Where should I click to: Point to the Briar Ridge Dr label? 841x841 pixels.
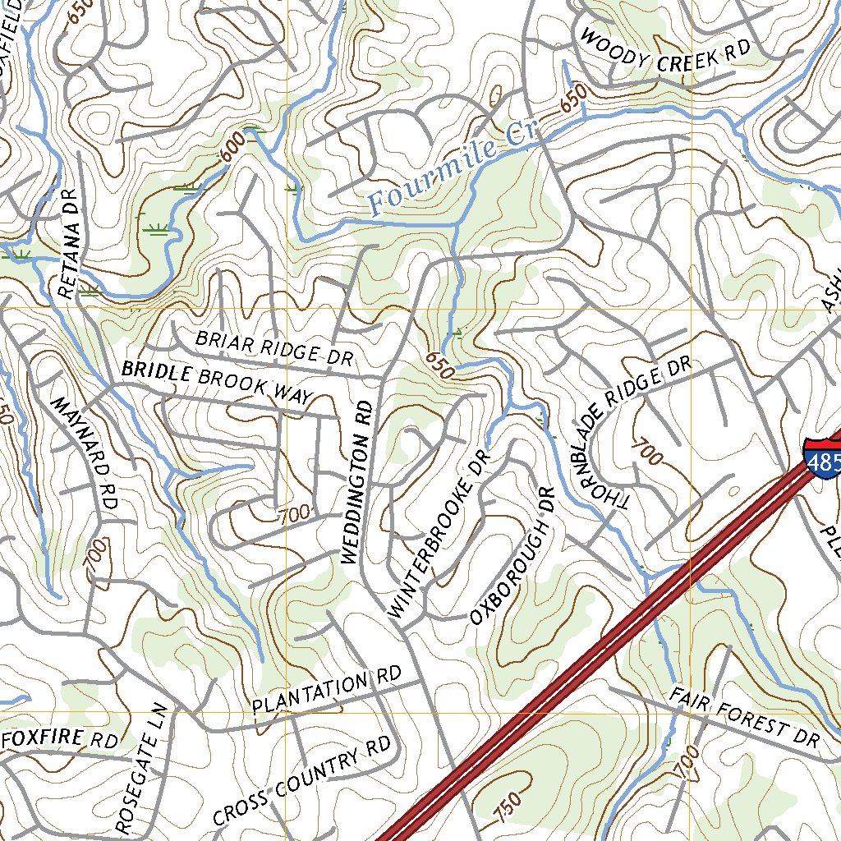273,347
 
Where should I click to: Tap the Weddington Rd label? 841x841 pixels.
358,482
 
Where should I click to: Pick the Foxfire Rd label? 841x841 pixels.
61,739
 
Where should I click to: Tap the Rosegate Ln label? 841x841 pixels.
141,768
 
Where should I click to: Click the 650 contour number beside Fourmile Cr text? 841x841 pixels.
573,99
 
